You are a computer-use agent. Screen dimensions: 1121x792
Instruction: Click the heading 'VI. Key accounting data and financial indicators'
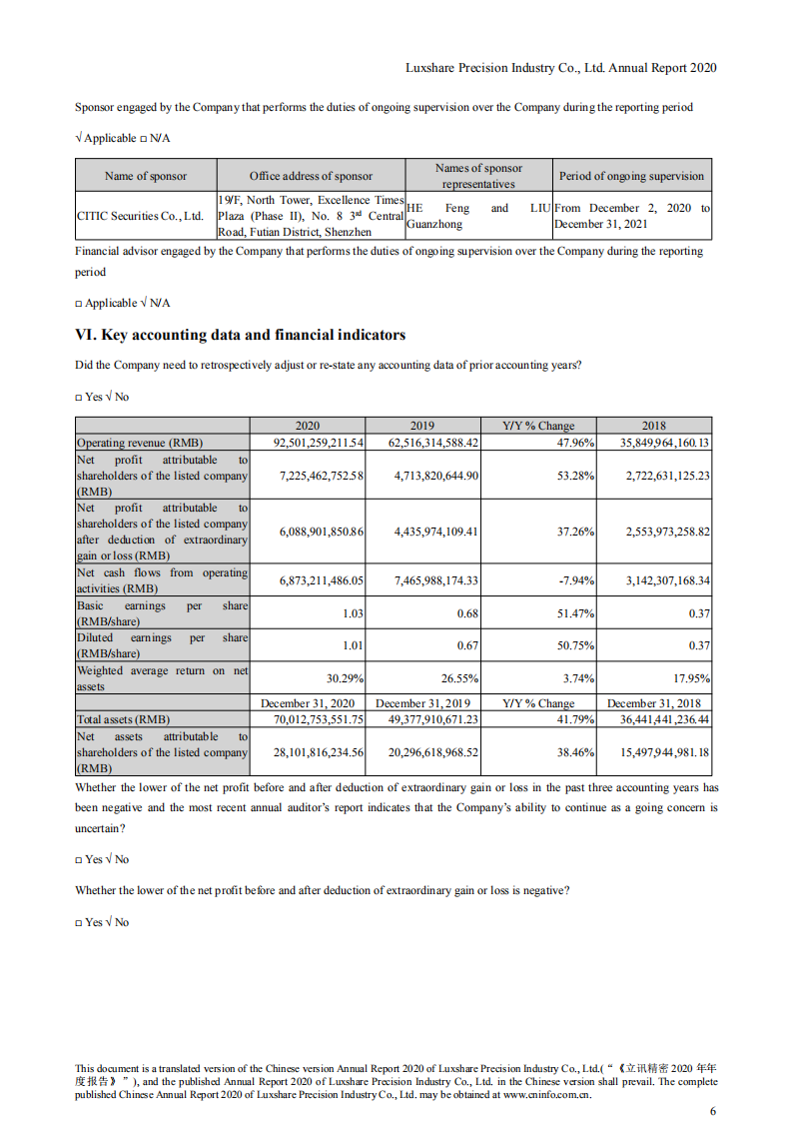(241, 335)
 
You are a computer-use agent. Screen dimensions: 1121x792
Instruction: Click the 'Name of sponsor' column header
(146, 176)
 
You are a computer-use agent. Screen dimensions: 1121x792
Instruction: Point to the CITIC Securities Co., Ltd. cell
(140, 216)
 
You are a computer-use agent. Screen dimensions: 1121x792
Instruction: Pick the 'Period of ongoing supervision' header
(631, 176)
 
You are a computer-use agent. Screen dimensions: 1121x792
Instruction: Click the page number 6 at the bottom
(712, 1111)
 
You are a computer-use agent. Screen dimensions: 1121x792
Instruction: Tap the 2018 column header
(654, 425)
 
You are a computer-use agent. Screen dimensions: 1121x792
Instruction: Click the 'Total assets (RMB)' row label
(124, 718)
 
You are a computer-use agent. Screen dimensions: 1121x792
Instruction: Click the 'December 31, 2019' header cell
(422, 703)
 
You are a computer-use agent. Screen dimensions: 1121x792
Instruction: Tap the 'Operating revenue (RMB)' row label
(139, 443)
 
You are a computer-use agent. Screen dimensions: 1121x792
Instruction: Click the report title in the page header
(560, 68)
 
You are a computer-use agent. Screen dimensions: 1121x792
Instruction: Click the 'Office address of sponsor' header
(311, 176)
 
